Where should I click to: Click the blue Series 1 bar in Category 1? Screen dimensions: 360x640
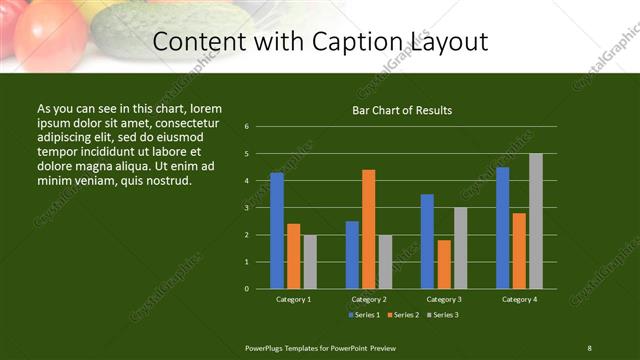click(277, 231)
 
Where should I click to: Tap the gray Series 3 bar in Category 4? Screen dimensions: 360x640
click(535, 221)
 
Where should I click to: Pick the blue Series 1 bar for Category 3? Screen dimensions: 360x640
click(427, 241)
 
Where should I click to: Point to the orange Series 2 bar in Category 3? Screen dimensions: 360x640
click(443, 264)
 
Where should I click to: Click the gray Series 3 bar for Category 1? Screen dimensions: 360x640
click(310, 262)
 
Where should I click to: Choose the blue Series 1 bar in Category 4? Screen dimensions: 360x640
click(502, 228)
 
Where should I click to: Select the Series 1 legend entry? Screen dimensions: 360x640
click(362, 315)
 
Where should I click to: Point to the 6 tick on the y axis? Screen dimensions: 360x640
click(246, 127)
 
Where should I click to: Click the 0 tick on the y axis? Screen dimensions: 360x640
click(246, 289)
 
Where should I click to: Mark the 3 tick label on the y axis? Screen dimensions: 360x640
click(246, 208)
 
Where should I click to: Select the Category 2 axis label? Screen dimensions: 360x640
click(369, 299)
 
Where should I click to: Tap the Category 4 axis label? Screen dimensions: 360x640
click(519, 299)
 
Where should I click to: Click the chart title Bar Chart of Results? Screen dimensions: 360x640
click(402, 110)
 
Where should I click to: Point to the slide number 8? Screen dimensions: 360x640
click(589, 347)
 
